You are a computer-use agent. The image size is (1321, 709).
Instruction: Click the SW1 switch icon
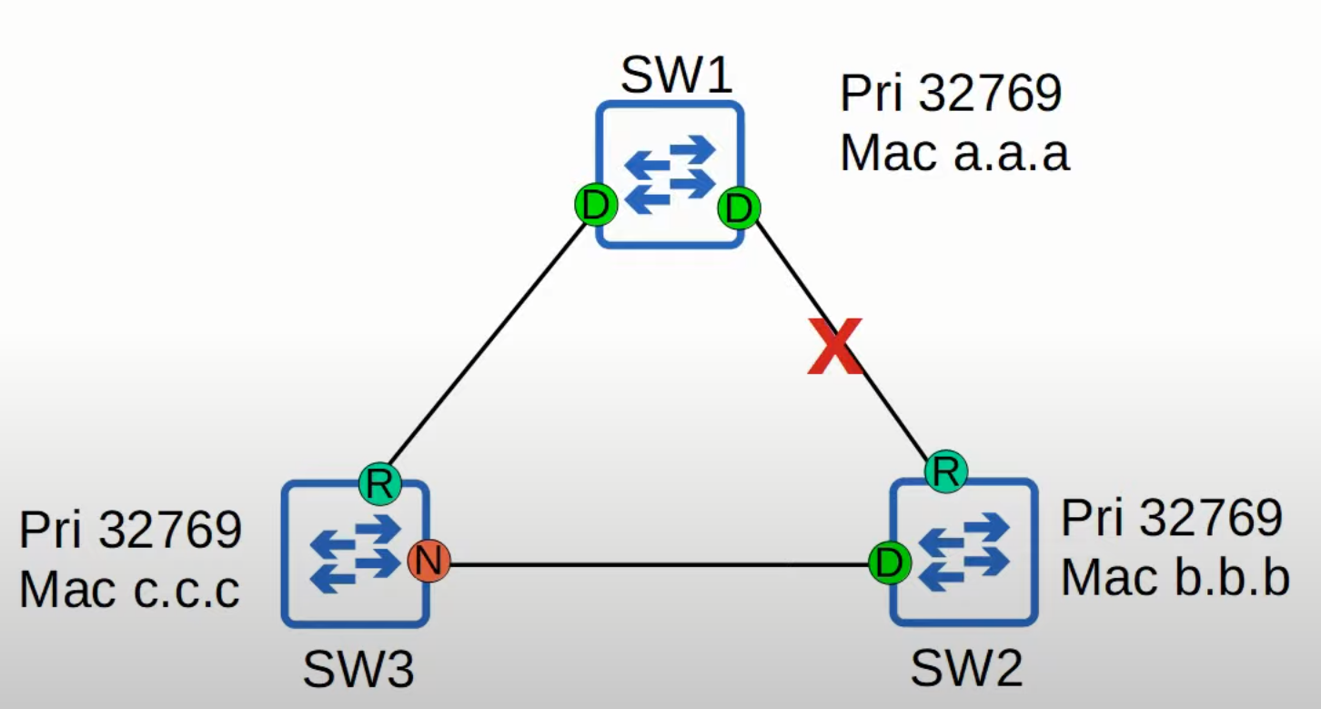point(671,174)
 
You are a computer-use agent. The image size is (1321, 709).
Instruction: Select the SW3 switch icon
point(355,553)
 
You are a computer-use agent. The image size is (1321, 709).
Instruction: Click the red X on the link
point(834,348)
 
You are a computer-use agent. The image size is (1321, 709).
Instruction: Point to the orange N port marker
point(426,562)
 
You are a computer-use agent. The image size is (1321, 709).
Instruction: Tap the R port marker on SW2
point(946,471)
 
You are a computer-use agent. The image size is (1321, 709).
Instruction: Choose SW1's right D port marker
point(739,208)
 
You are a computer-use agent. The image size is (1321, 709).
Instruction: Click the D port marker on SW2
point(889,563)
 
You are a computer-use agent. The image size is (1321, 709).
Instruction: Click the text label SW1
point(676,76)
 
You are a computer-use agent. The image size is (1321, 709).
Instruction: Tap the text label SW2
point(966,671)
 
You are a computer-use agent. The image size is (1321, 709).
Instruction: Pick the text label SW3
point(358,672)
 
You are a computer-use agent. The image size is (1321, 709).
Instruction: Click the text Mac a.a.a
point(953,153)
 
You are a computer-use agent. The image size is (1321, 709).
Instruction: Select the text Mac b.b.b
point(1175,577)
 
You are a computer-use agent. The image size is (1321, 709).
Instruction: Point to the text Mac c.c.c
point(129,589)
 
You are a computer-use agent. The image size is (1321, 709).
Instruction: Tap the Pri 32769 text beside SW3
point(130,530)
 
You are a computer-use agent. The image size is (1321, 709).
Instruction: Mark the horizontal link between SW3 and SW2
point(655,564)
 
